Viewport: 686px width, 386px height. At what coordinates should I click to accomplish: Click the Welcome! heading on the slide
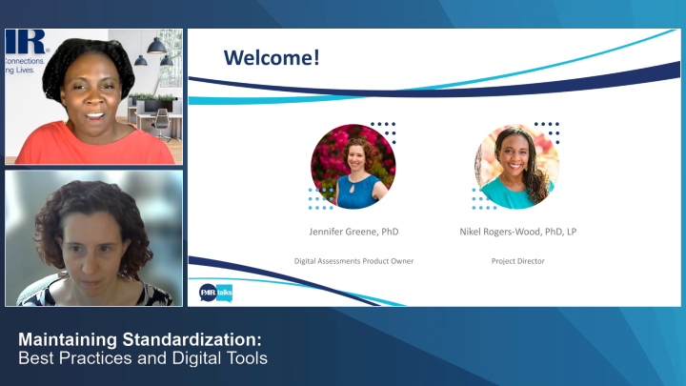click(272, 58)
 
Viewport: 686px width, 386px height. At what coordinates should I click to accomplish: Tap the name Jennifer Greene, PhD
click(353, 232)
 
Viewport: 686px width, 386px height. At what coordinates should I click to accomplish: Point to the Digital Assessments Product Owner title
click(353, 260)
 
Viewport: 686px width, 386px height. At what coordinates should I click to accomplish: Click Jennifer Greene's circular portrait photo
click(353, 167)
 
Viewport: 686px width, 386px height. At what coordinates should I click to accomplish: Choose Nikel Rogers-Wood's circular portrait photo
click(515, 167)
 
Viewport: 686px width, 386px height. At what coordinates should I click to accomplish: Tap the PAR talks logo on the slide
click(215, 292)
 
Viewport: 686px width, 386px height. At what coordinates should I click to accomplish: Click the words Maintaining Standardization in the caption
click(140, 340)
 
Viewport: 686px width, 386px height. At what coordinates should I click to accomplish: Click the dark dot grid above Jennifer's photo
click(383, 131)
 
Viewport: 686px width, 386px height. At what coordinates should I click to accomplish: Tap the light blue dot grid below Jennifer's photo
click(321, 198)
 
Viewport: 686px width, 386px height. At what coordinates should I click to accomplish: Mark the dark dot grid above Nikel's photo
click(547, 131)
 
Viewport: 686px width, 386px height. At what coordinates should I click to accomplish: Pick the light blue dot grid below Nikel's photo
click(484, 198)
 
